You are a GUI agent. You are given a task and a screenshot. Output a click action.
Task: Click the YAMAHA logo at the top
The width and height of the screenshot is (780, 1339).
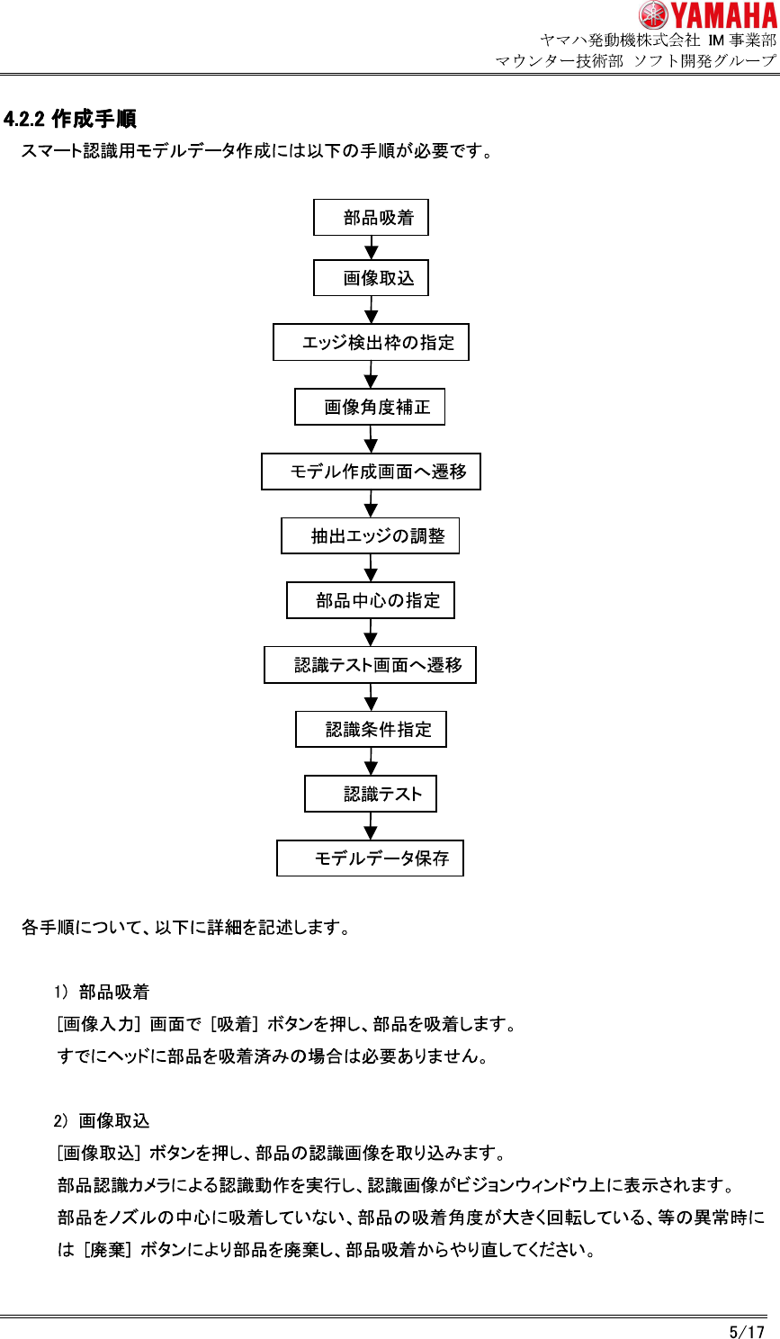coord(707,15)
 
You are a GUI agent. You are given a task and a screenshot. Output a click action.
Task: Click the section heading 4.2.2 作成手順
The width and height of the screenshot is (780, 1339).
coord(70,119)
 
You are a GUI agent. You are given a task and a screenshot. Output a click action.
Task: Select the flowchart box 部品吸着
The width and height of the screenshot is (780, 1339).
coord(371,218)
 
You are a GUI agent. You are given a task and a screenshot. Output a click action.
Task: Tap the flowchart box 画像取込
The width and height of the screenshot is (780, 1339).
coord(371,278)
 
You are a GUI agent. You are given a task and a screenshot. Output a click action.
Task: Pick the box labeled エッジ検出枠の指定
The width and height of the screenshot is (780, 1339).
coord(371,343)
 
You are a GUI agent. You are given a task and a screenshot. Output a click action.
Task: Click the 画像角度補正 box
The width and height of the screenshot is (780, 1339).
coord(370,408)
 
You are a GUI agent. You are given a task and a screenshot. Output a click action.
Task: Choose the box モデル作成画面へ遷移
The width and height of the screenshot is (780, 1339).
coord(371,472)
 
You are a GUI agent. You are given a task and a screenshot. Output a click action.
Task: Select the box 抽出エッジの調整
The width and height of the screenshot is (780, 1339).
coord(370,536)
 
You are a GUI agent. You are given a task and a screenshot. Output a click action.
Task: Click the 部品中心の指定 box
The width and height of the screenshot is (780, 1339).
coord(371,600)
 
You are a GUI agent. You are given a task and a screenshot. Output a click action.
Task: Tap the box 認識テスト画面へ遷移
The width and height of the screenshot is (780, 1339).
coord(370,665)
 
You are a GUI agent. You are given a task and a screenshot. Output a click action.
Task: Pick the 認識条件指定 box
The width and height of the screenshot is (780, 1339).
coord(371,730)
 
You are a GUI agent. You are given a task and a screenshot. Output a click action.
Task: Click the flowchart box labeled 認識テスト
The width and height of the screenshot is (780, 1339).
coord(371,794)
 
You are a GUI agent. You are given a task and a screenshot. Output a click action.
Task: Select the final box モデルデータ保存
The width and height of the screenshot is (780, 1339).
coord(370,858)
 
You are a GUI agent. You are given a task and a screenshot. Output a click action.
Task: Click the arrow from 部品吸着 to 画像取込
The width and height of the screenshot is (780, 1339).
coord(371,248)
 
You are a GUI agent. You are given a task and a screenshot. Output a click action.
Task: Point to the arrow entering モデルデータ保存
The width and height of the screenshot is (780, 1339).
coord(371,827)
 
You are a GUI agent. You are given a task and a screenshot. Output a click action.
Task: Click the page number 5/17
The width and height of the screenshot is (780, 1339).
coord(747,1331)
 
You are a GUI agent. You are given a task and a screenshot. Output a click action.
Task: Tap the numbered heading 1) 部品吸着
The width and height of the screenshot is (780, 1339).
coord(102,992)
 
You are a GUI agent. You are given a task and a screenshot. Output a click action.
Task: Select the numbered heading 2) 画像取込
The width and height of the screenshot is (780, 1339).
coord(102,1120)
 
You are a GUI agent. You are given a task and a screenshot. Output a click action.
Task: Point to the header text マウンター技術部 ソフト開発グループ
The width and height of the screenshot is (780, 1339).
coord(635,61)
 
